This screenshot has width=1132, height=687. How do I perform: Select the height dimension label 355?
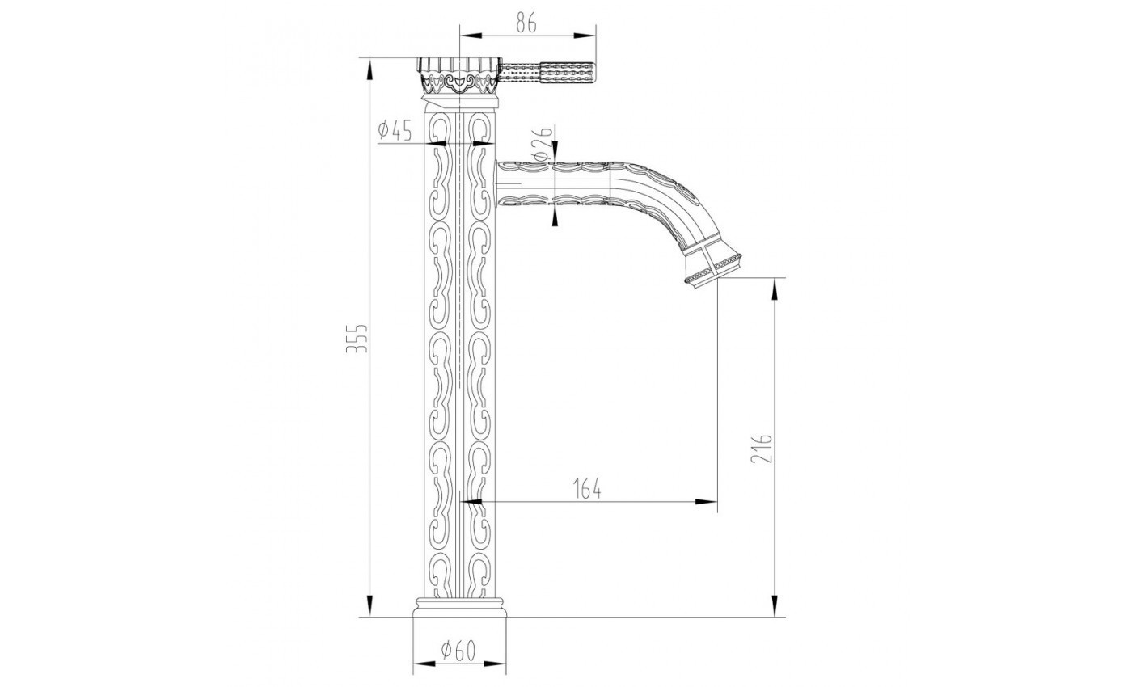click(361, 337)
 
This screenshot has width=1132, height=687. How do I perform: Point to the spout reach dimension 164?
click(587, 489)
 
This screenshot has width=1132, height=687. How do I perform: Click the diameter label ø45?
click(395, 129)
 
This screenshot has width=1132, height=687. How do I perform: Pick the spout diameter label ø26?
click(542, 142)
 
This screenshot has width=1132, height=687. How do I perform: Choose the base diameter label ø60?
click(457, 648)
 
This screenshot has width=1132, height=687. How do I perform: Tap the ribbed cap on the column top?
click(458, 65)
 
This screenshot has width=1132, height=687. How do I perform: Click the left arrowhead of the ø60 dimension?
click(420, 663)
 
